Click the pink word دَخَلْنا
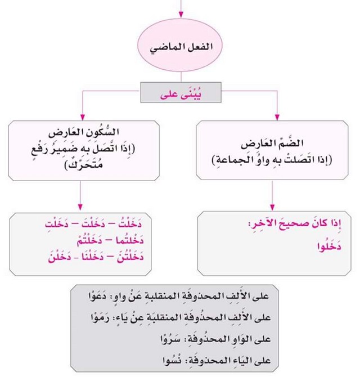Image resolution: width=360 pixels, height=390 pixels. click(x=101, y=257)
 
